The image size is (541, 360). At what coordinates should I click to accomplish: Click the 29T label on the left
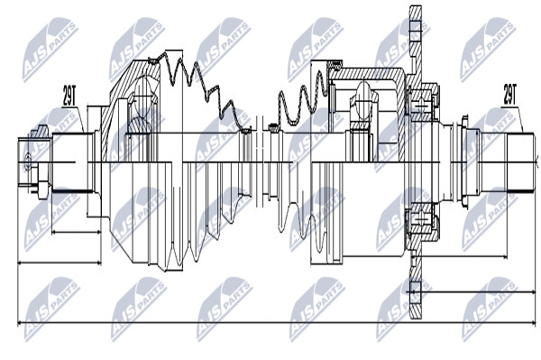click(x=69, y=96)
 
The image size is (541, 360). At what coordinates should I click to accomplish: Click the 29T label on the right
click(x=509, y=94)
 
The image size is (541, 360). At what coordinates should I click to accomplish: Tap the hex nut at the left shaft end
click(x=39, y=133)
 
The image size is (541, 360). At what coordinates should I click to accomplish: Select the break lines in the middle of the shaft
click(x=260, y=162)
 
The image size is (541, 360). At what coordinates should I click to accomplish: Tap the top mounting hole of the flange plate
click(x=416, y=26)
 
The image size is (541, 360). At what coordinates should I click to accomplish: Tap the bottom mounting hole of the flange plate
click(x=416, y=288)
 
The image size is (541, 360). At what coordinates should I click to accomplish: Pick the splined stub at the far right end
click(x=521, y=162)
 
